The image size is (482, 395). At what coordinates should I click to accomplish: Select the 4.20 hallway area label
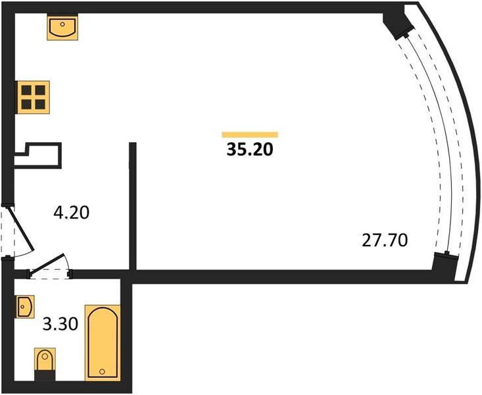coord(70,213)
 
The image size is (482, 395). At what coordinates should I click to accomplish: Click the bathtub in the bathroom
coord(102,342)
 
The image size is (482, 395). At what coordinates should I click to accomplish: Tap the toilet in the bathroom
coord(45,363)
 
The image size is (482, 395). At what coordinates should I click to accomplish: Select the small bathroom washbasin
coord(24,306)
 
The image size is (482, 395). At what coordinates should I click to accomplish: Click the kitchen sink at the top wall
coord(63,28)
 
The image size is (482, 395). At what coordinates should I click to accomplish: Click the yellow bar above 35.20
coord(250,135)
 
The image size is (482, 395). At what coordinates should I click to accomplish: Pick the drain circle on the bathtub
coord(102,372)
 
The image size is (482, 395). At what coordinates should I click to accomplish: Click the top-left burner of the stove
coord(26,90)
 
